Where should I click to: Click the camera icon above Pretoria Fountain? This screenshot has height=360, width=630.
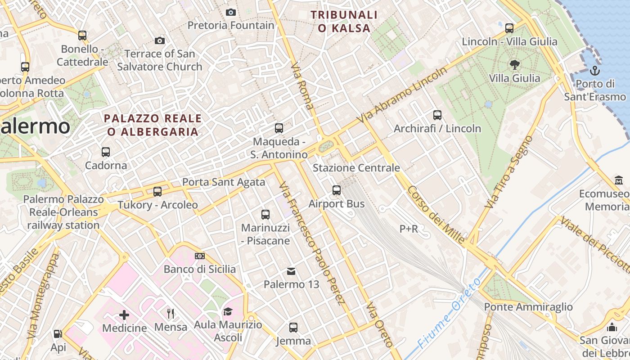click(231, 12)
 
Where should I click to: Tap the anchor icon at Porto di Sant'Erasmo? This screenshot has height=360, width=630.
click(595, 71)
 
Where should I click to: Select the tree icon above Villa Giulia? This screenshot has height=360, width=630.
click(514, 65)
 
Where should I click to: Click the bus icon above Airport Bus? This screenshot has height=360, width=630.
click(337, 190)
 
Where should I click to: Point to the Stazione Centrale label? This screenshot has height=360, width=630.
click(356, 168)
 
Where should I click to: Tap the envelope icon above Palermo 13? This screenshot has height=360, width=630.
click(291, 271)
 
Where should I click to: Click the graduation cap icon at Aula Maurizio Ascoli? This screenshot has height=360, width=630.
click(228, 311)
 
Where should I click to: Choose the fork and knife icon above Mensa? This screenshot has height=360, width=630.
click(171, 314)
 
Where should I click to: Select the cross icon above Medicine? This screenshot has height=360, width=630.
click(124, 315)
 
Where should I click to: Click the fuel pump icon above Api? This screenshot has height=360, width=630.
click(58, 334)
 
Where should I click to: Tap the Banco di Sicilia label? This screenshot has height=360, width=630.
click(199, 269)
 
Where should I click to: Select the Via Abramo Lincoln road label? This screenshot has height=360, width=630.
click(402, 94)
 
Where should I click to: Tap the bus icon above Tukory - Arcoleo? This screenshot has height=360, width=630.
click(157, 192)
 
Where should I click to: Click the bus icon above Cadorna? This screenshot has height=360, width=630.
click(106, 152)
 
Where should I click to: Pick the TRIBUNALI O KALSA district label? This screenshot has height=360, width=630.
click(344, 22)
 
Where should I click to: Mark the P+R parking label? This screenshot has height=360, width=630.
click(409, 229)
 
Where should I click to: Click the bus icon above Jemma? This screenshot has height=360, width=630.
click(293, 328)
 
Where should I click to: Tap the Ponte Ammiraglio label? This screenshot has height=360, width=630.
click(528, 307)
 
